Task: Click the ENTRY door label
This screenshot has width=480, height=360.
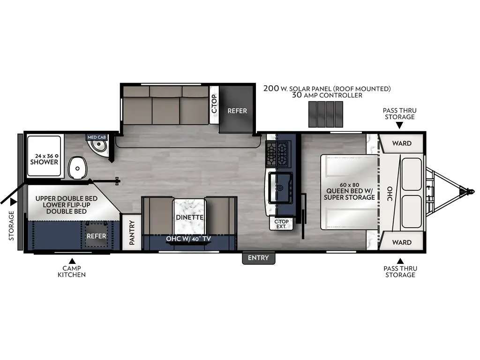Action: coord(258,258)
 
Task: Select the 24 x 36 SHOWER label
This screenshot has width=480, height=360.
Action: coord(44,158)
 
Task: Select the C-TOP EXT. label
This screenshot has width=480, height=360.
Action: coord(281,224)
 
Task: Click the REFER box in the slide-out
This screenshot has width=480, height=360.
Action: coord(237,111)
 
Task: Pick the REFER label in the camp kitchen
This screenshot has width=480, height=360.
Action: coord(97,236)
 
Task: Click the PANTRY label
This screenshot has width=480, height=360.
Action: coord(132,233)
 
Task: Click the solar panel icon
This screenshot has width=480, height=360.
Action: coord(325,114)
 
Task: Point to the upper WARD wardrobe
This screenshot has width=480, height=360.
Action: coord(402,143)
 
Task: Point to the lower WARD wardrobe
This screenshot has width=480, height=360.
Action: coord(402,242)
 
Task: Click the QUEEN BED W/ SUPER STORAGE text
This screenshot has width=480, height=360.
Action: coord(349,194)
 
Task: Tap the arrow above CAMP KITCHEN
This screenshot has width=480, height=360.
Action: coord(72,261)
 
